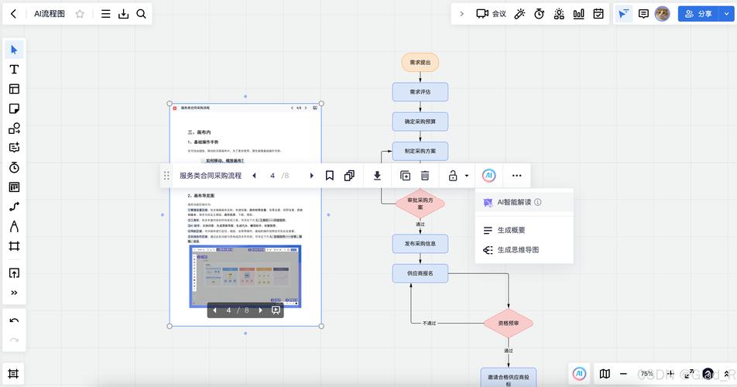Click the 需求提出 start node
coord(420,62)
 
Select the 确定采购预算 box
coord(420,122)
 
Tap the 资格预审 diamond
coord(509,324)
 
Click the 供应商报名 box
coord(420,272)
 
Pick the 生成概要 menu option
coord(511,230)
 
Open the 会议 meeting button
coord(491,14)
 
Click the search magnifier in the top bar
coord(141,14)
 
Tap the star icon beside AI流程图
coord(80,14)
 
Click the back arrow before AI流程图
coord(13,14)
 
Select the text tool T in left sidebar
coord(14,70)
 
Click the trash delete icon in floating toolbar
coord(425,176)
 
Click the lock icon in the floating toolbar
coord(454,176)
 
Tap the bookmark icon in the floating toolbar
coord(329,176)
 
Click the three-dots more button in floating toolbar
coord(516,176)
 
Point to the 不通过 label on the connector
coord(429,323)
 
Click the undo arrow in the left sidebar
coord(14,320)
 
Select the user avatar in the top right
coord(662,14)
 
